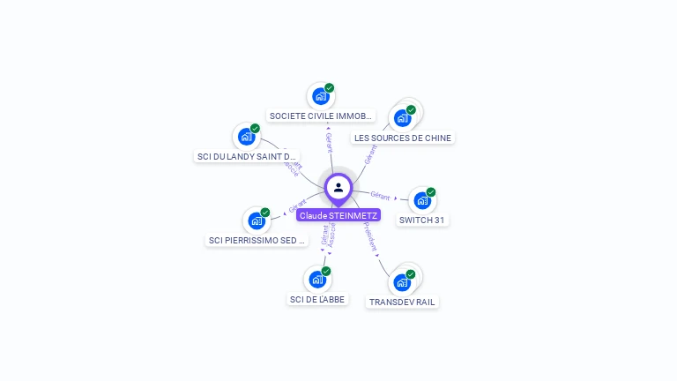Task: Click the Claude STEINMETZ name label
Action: pos(338,215)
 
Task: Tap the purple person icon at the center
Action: pos(338,187)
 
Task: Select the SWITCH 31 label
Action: pos(421,220)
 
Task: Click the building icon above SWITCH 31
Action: pos(422,201)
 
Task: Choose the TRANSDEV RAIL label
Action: pos(402,302)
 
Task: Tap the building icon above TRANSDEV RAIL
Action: pos(402,283)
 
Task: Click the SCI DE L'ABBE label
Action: pos(317,299)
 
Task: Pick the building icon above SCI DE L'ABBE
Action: pos(317,280)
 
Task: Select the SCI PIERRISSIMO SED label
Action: pos(257,240)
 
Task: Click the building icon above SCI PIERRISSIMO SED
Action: pos(257,220)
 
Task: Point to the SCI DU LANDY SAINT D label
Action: pos(246,156)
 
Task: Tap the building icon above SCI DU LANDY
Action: pos(246,137)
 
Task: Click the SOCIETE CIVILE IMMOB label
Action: pos(321,116)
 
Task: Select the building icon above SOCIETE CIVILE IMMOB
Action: pos(321,95)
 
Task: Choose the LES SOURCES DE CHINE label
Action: pos(402,138)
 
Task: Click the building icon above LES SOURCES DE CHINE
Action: pos(402,117)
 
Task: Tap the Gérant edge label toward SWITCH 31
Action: pos(380,195)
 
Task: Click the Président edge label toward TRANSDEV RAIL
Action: pos(370,242)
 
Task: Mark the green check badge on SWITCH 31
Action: pos(431,192)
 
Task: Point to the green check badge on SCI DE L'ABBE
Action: pos(326,271)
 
